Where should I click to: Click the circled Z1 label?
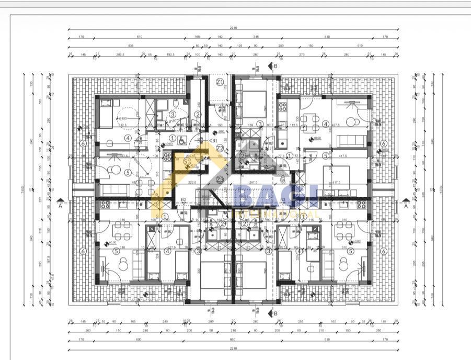click(220, 82)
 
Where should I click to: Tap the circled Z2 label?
click(220, 149)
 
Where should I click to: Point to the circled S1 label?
click(187, 161)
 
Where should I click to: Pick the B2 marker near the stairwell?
click(183, 200)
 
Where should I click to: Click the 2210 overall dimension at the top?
click(233, 28)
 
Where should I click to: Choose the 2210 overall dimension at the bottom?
click(233, 348)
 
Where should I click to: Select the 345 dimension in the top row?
click(256, 37)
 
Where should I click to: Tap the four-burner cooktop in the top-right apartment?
click(283, 108)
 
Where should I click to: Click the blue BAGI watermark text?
click(277, 198)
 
